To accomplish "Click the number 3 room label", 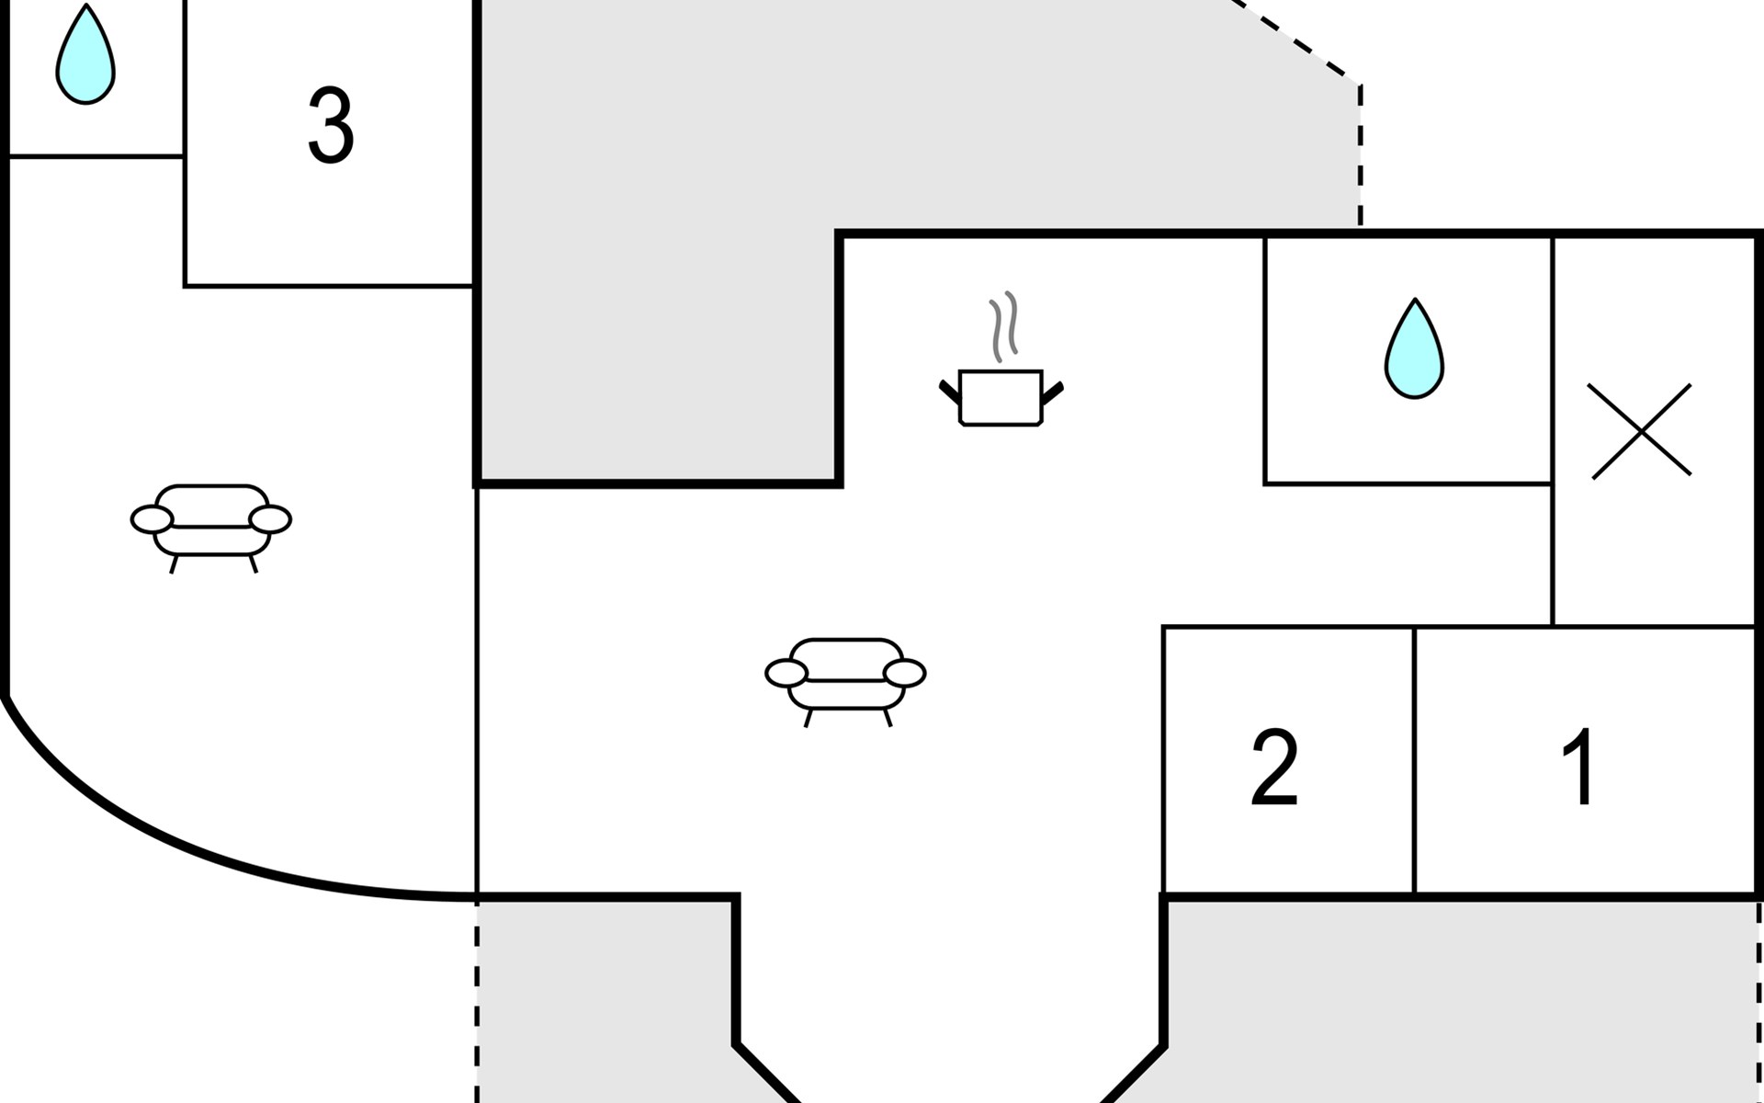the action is point(331,126).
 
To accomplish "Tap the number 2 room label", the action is point(1275,768).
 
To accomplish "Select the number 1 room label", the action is point(1579,767).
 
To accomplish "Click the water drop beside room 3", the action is point(85,55).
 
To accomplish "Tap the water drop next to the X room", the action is point(1414,349).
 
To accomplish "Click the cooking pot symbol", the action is point(1001,398).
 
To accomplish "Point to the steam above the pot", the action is point(1004,324).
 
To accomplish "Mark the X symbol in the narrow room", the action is point(1641,431).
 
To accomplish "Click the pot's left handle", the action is point(950,392).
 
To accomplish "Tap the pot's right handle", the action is point(1053,392).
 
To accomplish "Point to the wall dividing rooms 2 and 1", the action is point(1414,759).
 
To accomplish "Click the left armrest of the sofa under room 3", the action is point(152,519).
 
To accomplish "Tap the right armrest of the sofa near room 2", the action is point(905,673).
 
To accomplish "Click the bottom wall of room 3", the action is point(329,286).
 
